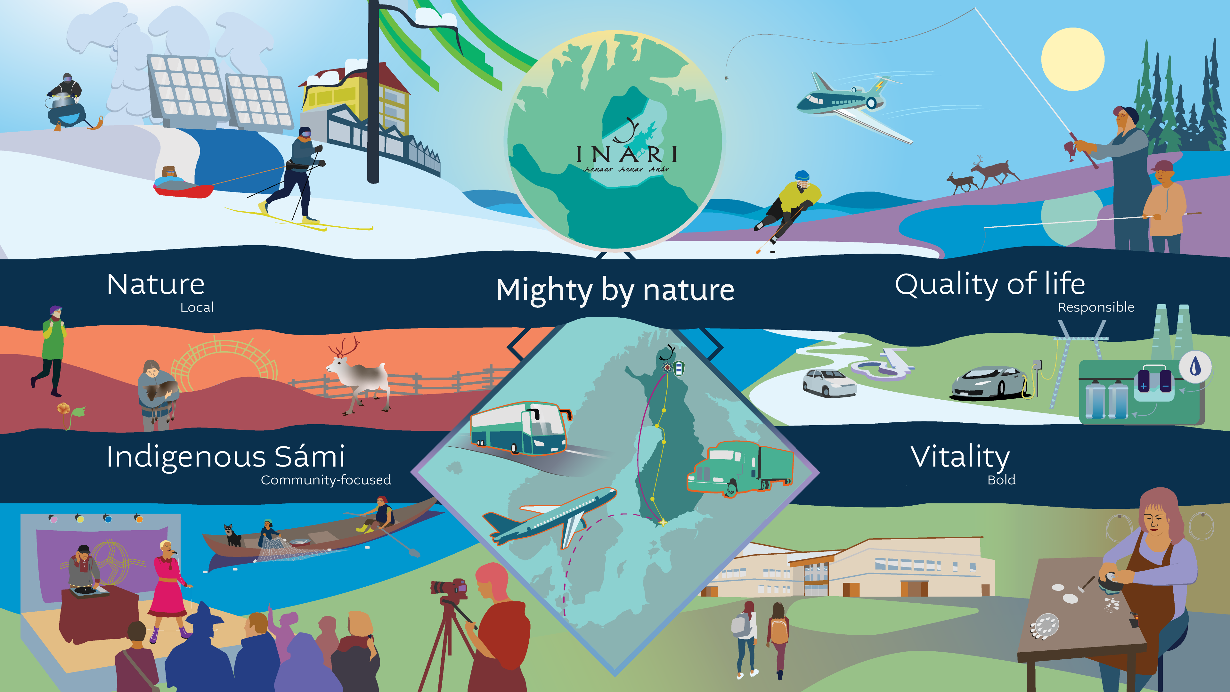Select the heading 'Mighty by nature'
point(615,290)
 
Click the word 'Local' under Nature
point(197,307)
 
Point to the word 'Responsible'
point(1096,307)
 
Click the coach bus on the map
point(520,428)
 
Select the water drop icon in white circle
point(1195,367)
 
